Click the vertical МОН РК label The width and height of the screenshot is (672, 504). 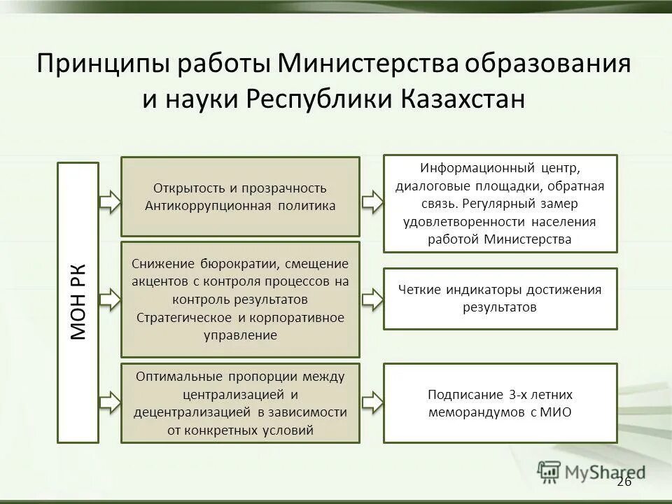pos(78,302)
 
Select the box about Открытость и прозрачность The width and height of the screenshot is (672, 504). pos(240,197)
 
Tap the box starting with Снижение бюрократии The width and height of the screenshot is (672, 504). pos(240,300)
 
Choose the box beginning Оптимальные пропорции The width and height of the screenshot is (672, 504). pos(240,403)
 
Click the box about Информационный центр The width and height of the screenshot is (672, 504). pos(500,204)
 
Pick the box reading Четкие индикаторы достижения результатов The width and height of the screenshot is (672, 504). pos(500,298)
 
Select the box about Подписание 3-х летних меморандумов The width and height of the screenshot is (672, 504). pos(500,403)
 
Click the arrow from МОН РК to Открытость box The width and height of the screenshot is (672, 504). pos(111,202)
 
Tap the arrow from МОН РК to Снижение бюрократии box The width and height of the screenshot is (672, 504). pos(111,300)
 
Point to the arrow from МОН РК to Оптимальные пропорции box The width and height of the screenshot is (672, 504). pos(111,402)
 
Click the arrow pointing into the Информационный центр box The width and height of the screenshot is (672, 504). pos(372,202)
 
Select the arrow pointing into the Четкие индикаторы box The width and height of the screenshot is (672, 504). pos(372,300)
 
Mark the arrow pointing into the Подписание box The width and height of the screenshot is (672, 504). pos(372,402)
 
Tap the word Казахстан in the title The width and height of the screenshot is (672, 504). pos(463,99)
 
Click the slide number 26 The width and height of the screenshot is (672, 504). pos(624,482)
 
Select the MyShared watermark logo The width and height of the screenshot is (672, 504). pos(591,472)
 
